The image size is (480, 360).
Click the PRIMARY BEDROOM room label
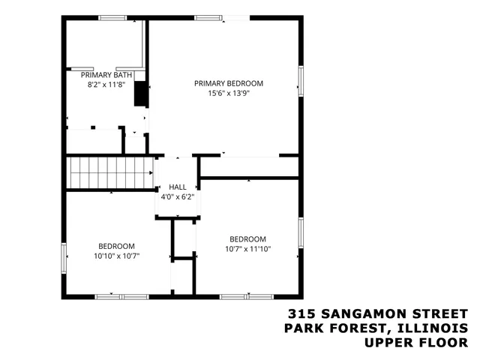[x=229, y=83]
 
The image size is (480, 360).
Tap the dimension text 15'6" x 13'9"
[x=229, y=94]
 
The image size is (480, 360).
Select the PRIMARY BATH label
[x=107, y=75]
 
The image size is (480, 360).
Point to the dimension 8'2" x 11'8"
[x=107, y=85]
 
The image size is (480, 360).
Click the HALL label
[x=178, y=187]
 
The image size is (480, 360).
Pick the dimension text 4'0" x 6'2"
[x=178, y=196]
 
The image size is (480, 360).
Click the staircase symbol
[x=110, y=172]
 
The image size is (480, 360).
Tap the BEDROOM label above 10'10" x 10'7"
[x=116, y=246]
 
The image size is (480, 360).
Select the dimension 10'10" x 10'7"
[x=116, y=256]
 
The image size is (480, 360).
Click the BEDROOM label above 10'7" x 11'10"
[x=247, y=239]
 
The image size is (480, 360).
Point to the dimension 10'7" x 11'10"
[x=247, y=249]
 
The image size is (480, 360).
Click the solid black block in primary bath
[x=139, y=94]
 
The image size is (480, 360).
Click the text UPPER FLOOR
[x=415, y=343]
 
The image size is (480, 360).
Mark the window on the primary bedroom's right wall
[x=301, y=81]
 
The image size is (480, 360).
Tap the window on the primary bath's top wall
[x=112, y=19]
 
